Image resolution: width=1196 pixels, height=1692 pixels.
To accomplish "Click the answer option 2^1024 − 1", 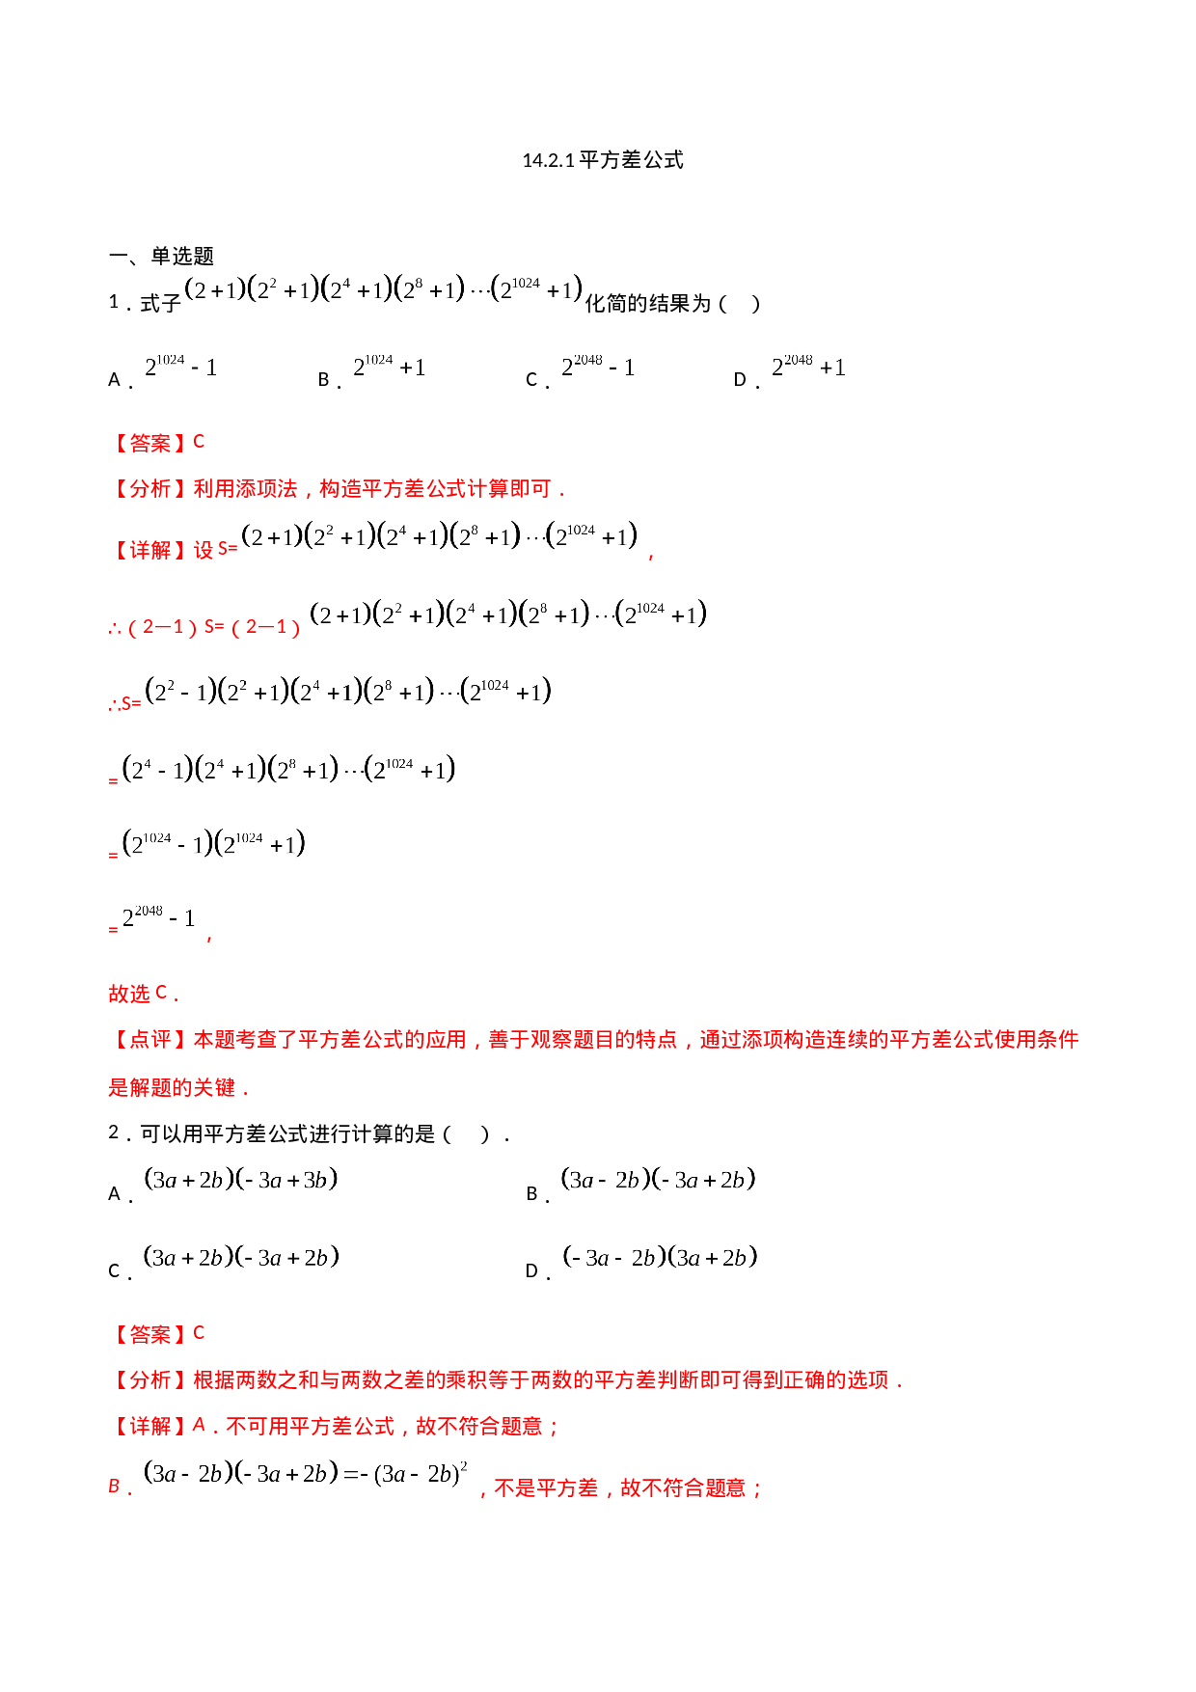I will coord(180,365).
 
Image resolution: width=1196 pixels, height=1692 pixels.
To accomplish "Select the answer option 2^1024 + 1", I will coord(389,365).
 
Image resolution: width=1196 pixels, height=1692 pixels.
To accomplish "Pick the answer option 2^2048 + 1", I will coord(808,365).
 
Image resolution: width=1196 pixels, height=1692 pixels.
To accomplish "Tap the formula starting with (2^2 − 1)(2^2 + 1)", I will coord(346,694).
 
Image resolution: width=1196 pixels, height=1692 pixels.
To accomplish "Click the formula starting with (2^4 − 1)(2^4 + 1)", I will coord(287,772).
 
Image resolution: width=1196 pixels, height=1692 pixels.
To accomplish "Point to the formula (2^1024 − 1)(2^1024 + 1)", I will coord(213,846).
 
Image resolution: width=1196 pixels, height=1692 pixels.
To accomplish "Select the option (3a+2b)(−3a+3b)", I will coord(241,1181).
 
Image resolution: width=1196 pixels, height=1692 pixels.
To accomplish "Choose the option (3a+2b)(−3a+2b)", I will coord(241,1259).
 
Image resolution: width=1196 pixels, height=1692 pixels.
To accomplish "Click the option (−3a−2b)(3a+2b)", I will coord(659,1259).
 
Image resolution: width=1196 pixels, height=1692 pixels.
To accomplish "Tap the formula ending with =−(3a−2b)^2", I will coord(307,1475).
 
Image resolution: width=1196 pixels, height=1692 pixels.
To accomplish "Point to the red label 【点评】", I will coord(149,1040).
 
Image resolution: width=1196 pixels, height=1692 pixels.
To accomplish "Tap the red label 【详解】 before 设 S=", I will coord(149,550).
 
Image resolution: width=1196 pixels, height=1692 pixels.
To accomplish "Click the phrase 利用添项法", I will coord(245,489).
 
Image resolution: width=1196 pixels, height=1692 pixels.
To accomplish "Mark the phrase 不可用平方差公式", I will coord(310,1426).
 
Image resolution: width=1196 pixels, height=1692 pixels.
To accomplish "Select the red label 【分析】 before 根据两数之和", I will coord(149,1380).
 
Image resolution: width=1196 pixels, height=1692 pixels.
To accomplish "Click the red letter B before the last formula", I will coord(115,1487).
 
